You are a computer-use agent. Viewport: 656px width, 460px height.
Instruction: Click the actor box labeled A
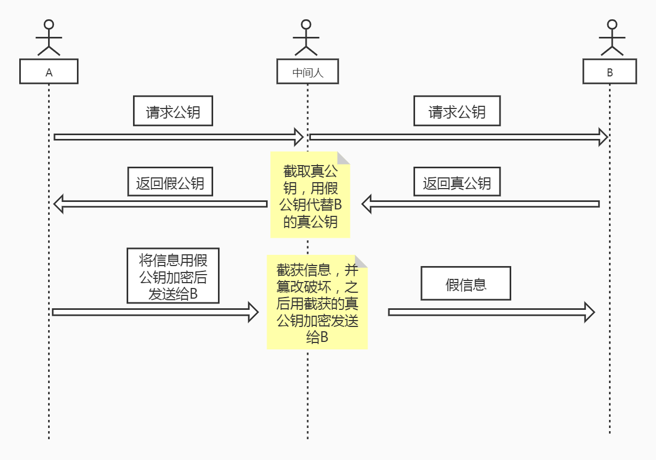click(49, 72)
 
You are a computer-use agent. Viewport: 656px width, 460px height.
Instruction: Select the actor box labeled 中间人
click(308, 72)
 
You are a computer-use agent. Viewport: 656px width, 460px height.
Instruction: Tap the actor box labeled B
click(610, 72)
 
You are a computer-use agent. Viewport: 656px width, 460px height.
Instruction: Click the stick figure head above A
click(49, 25)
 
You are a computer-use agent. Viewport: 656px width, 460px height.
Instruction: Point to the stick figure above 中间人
click(306, 38)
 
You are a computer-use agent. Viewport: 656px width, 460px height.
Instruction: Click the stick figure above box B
click(612, 38)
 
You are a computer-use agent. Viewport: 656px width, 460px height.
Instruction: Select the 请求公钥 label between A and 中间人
click(173, 111)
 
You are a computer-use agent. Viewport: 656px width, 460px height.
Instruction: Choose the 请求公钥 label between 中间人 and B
click(457, 111)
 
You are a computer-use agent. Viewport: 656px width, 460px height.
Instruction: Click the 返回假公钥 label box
click(170, 182)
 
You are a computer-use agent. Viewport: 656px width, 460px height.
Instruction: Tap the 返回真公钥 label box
click(457, 183)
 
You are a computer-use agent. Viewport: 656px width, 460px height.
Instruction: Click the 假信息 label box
click(466, 284)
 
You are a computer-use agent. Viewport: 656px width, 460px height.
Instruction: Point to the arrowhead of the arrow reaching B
click(603, 137)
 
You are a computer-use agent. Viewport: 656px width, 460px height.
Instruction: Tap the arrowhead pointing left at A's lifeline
click(59, 204)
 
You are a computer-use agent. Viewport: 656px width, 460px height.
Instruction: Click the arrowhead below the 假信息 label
click(589, 312)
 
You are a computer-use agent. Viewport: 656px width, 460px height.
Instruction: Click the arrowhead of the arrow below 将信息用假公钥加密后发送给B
click(253, 312)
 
